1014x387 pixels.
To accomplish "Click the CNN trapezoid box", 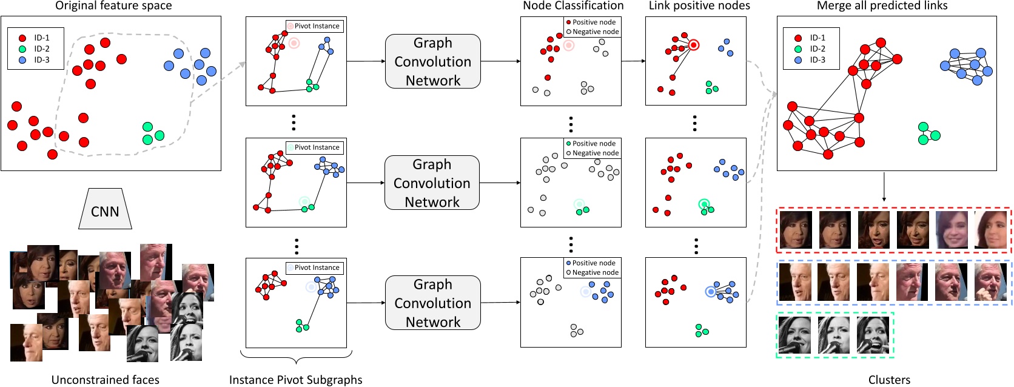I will coord(105,209).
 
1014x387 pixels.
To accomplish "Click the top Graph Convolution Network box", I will coord(432,61).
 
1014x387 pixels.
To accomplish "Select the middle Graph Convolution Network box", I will coord(432,183).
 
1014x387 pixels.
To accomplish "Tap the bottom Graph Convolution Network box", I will coord(432,303).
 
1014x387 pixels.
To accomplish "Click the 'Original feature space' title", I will coord(113,6).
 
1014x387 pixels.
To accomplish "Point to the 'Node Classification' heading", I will coord(572,6).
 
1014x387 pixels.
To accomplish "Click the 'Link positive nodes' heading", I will coord(699,6).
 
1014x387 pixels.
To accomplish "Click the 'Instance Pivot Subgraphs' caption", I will coord(295,380).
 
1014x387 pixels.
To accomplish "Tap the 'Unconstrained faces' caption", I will coord(105,380).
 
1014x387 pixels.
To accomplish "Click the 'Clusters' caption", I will coord(889,380).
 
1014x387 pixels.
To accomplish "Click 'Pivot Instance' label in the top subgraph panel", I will coord(315,26).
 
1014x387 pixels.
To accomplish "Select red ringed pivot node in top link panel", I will coord(693,45).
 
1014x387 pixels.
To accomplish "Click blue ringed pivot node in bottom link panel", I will coord(711,292).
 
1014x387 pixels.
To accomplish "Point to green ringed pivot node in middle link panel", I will coord(703,204).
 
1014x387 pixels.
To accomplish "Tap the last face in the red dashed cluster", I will coord(990,230).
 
